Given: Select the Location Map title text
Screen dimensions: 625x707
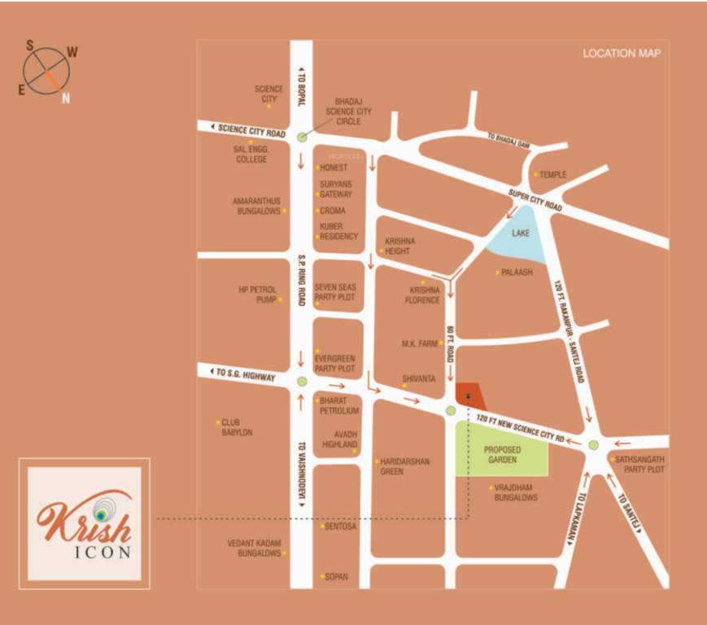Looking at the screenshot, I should click(x=622, y=55).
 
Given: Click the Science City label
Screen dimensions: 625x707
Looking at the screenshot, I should click(x=268, y=94).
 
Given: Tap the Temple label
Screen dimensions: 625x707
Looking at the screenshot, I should click(x=552, y=174).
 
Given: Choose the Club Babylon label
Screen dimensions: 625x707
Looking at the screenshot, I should click(x=238, y=427).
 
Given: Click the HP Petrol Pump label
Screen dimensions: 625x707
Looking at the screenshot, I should click(x=258, y=295).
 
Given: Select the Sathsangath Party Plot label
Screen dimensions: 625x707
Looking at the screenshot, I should click(x=639, y=465).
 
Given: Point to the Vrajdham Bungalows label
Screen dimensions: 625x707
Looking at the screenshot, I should click(x=516, y=492).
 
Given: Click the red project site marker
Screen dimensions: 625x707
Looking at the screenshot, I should click(x=469, y=396).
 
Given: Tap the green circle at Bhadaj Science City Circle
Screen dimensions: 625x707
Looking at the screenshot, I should click(x=302, y=138).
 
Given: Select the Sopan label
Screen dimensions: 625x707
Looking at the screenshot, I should click(x=336, y=577).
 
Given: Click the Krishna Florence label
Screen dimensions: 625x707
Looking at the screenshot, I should click(x=424, y=295).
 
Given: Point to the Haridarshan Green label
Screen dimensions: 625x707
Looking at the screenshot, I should click(x=404, y=466).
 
